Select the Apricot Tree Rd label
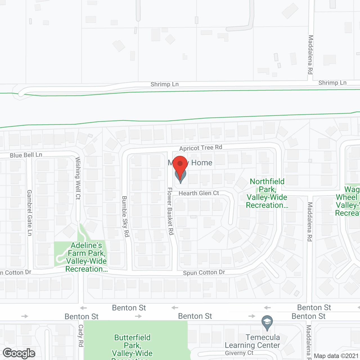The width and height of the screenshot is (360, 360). [x=201, y=148]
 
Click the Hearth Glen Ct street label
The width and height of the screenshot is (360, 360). [x=199, y=193]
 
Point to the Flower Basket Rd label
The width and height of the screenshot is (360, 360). [x=170, y=211]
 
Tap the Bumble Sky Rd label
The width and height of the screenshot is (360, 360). [x=125, y=216]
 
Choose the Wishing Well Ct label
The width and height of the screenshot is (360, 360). [x=78, y=178]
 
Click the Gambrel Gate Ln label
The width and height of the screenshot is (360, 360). [x=30, y=213]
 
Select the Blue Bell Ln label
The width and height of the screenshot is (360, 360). [x=26, y=155]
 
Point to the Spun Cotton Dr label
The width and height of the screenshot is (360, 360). [x=204, y=273]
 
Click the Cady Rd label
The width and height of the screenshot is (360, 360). [x=81, y=336]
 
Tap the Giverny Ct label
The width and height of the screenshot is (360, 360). [x=239, y=353]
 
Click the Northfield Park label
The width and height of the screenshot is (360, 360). [x=267, y=193]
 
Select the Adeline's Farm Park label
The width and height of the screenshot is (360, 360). [x=86, y=257]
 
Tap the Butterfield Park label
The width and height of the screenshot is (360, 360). [x=132, y=346]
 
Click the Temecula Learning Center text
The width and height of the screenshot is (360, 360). [x=253, y=341]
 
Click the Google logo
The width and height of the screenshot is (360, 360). [x=19, y=353]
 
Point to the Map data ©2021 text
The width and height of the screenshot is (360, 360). [x=336, y=356]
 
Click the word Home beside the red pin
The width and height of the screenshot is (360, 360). [x=202, y=163]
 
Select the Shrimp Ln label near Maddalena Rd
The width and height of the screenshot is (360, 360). [x=332, y=83]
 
